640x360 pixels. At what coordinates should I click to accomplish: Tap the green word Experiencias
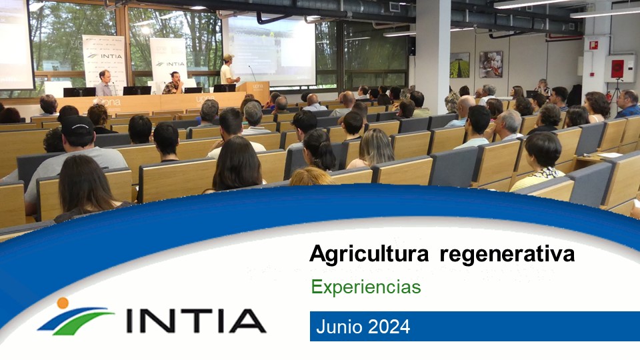(x=366, y=287)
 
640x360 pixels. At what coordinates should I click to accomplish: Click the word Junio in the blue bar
(x=339, y=327)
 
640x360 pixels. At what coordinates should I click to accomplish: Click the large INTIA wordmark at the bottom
(x=196, y=321)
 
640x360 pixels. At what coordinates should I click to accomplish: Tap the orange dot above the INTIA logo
(x=63, y=303)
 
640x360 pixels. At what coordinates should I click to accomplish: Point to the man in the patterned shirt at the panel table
(x=174, y=83)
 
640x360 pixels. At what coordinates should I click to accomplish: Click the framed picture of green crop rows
(x=459, y=65)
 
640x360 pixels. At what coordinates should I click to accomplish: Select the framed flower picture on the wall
(x=491, y=64)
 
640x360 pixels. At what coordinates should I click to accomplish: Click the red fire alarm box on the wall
(x=617, y=69)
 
